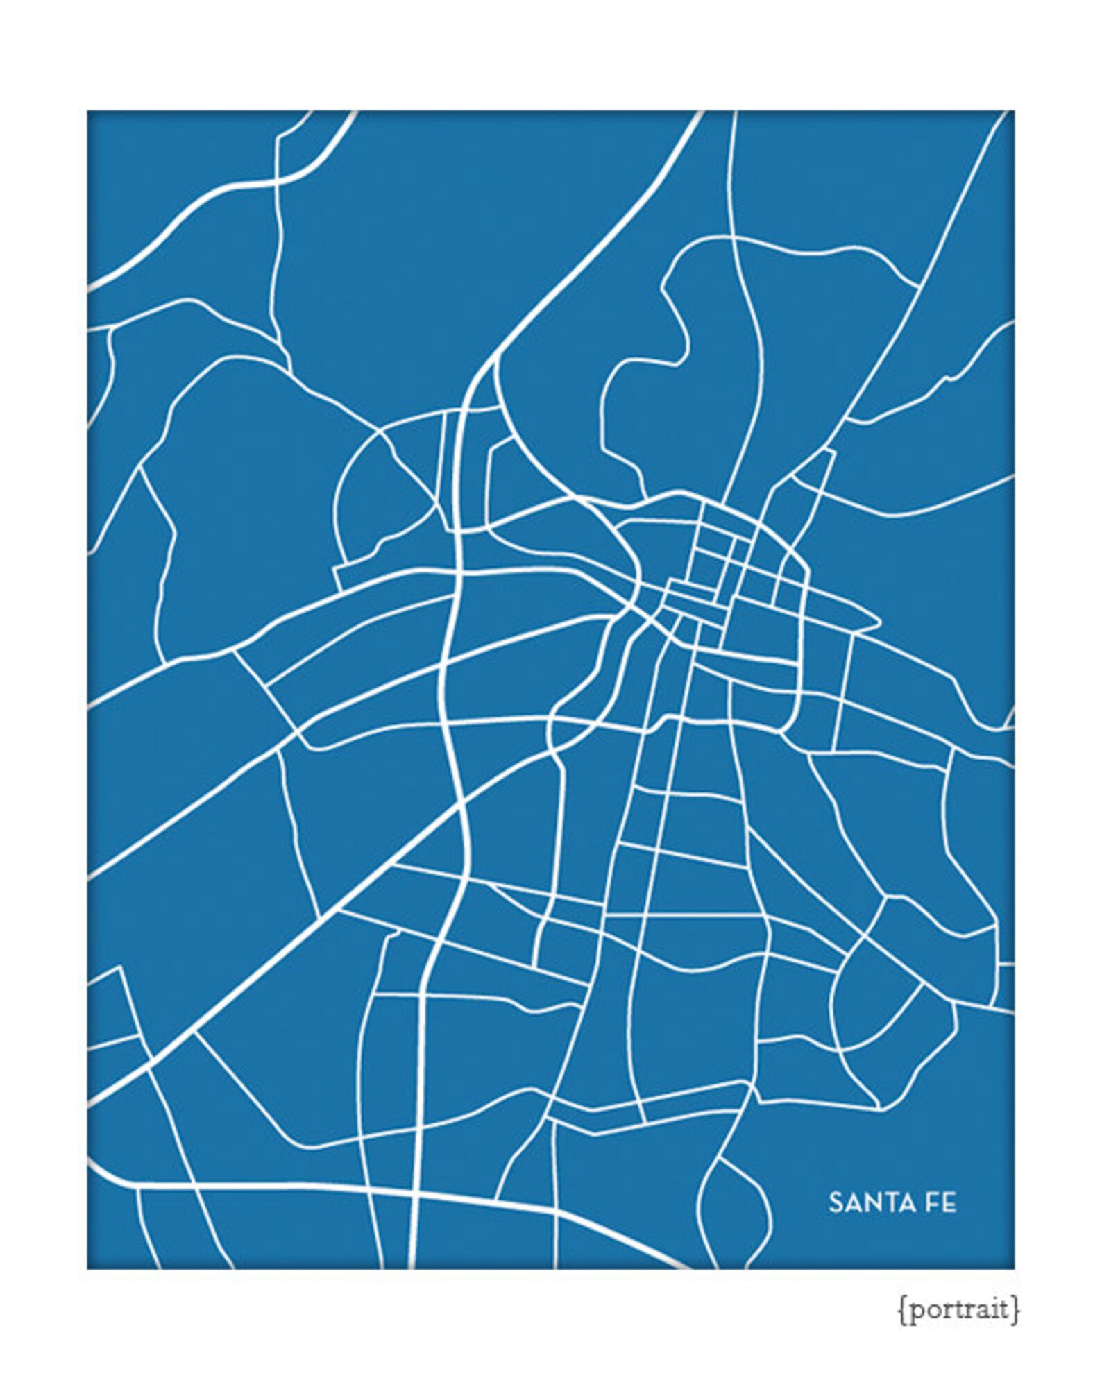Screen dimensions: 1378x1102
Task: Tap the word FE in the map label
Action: (942, 1203)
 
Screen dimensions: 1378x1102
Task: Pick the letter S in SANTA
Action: (835, 1203)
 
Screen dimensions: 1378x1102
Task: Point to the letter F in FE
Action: (933, 1203)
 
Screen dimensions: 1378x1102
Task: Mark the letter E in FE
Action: (950, 1203)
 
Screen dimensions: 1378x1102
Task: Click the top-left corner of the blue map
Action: (88, 112)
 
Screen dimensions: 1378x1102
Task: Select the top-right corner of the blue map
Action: (1013, 112)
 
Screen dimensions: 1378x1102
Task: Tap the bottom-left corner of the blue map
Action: (88, 1268)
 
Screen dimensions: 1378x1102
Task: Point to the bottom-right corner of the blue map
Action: (1013, 1268)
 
